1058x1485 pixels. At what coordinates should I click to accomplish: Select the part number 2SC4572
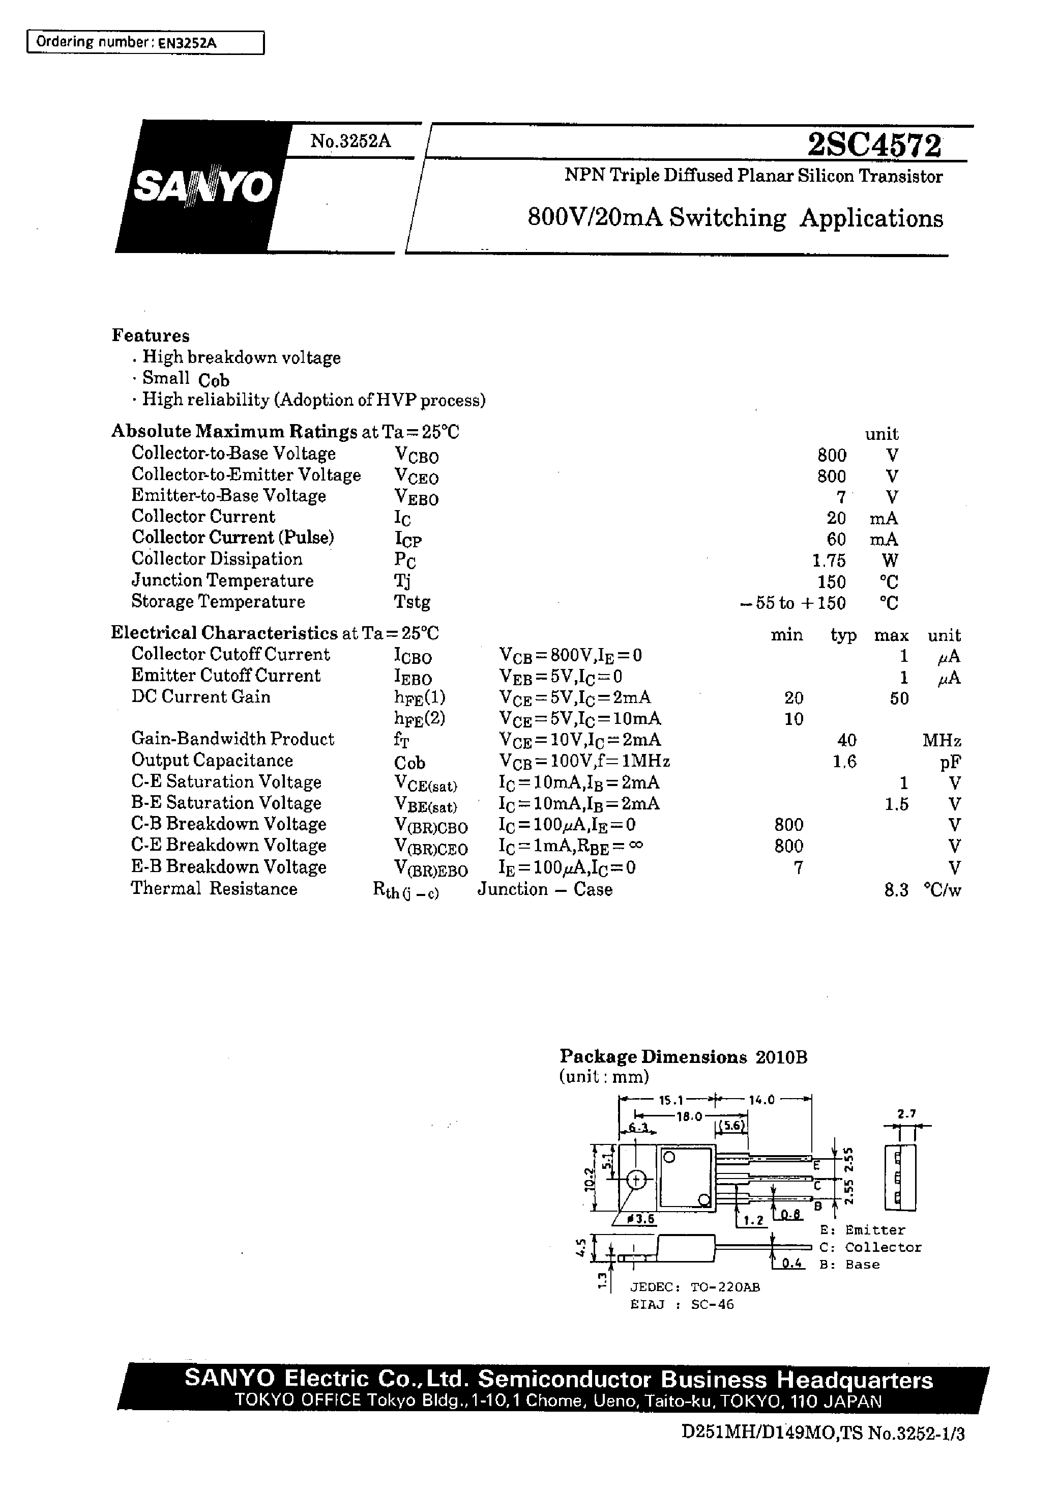(x=874, y=146)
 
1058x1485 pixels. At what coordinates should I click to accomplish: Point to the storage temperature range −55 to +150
(x=793, y=603)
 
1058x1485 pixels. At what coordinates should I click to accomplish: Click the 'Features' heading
(x=151, y=335)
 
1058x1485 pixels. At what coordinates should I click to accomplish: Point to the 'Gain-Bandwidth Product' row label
(x=232, y=739)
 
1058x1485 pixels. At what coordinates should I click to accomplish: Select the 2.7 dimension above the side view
(x=906, y=1114)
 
